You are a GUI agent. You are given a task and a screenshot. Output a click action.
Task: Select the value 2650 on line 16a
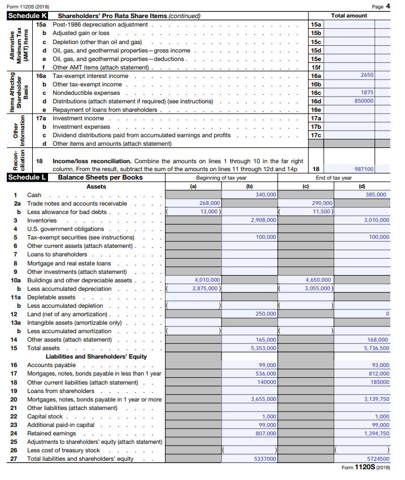click(367, 75)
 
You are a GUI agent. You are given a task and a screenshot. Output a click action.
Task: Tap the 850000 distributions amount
click(364, 101)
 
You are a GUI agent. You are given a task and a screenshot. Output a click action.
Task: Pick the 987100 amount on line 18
click(364, 169)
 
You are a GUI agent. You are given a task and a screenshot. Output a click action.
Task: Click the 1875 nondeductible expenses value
click(367, 92)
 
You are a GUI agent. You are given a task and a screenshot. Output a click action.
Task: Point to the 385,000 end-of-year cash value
click(376, 194)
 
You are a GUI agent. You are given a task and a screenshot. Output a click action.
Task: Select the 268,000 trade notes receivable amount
click(210, 203)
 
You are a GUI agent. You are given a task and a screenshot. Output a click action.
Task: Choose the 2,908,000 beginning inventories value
click(263, 220)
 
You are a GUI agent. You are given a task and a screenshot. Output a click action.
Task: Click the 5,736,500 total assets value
click(376, 348)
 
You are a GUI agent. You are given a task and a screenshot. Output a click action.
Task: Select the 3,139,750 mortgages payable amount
click(376, 399)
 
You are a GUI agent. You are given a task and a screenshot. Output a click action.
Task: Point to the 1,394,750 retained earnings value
click(376, 433)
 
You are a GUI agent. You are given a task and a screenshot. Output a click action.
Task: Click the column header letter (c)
click(306, 186)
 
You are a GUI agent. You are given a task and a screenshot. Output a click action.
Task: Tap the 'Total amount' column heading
click(349, 16)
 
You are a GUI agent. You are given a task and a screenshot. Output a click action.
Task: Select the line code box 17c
click(316, 135)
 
